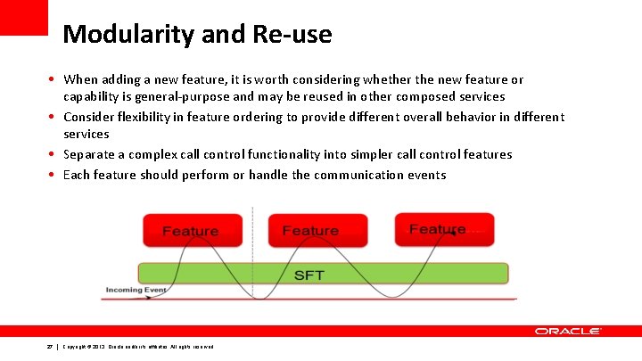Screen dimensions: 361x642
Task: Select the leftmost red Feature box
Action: [x=190, y=231]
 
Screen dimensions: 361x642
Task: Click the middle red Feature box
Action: [x=310, y=231]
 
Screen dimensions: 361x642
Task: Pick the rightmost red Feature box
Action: [x=443, y=229]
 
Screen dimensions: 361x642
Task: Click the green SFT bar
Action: [x=323, y=274]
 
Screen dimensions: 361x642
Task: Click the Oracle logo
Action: [x=568, y=331]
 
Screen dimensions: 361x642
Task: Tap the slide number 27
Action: [x=50, y=346]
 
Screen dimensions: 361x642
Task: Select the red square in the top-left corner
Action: [x=23, y=17]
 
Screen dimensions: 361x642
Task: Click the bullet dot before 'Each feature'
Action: [x=53, y=175]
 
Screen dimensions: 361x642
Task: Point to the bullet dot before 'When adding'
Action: [x=53, y=80]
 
